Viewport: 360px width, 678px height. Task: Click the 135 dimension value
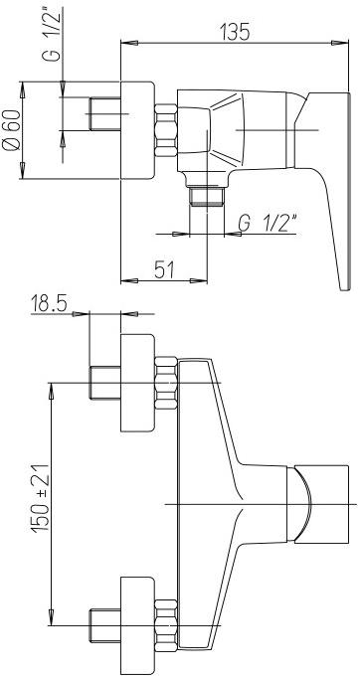click(235, 32)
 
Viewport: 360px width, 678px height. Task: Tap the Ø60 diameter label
click(11, 129)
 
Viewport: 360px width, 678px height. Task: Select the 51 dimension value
click(164, 270)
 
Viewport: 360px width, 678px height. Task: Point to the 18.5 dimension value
click(49, 303)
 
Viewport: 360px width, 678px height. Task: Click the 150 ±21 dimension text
click(40, 498)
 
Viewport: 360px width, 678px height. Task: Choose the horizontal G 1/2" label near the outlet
click(267, 223)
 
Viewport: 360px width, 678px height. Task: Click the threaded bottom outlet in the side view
click(207, 197)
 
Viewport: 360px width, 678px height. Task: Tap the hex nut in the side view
click(166, 129)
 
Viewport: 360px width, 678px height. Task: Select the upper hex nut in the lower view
click(166, 383)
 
